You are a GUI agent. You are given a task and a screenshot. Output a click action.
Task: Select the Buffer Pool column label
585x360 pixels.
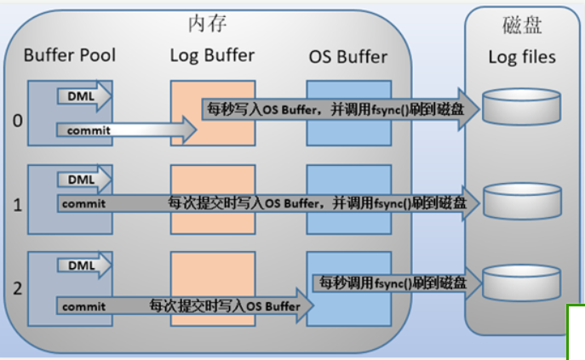[70, 56]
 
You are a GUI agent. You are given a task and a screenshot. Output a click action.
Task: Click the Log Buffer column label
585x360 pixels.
[212, 55]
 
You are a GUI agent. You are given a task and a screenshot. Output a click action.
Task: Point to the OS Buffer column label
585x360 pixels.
[348, 57]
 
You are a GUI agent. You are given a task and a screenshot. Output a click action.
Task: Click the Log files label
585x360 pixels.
[521, 57]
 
